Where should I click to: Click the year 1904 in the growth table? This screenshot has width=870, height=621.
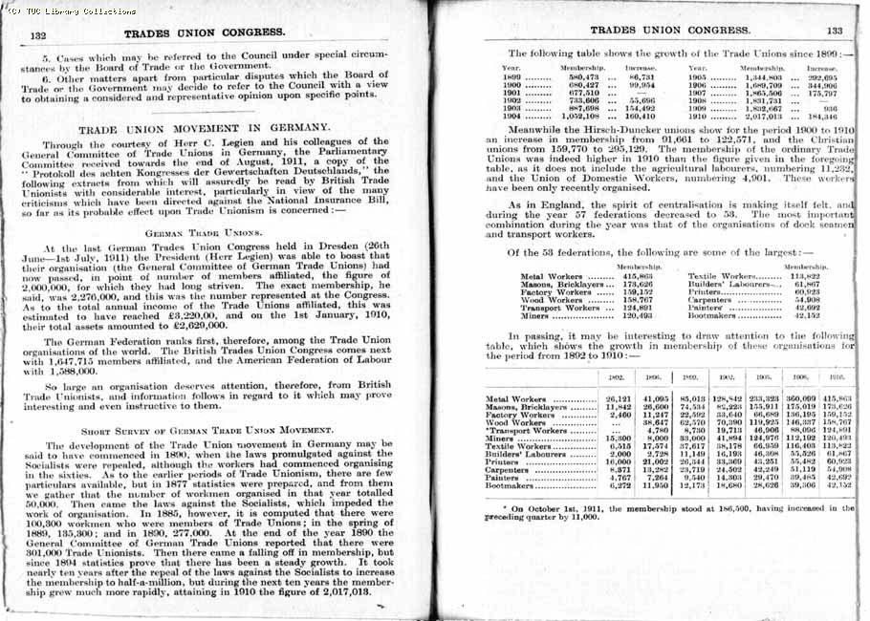(x=511, y=116)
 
